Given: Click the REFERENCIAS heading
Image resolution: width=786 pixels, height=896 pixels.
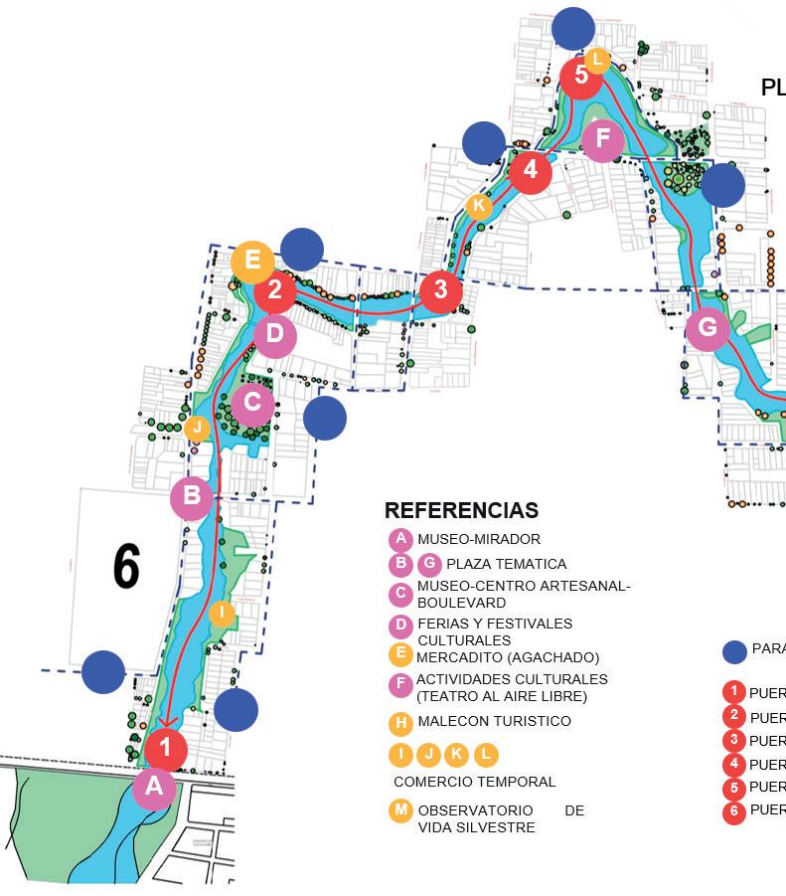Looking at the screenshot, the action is [461, 510].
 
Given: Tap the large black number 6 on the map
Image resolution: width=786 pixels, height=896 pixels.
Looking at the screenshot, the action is [126, 567].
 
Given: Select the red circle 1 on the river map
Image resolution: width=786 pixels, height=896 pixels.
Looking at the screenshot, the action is [166, 748].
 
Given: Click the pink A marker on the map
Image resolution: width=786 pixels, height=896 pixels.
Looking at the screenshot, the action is [154, 788].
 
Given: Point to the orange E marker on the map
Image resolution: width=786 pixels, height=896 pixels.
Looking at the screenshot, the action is [252, 261].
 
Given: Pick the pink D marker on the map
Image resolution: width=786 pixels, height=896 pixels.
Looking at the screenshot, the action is [275, 334].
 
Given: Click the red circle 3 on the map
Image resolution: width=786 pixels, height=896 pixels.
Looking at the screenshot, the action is [440, 291].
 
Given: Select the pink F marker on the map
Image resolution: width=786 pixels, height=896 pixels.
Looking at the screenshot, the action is [602, 140].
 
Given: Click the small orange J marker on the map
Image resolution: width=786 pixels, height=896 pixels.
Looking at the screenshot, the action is [197, 430].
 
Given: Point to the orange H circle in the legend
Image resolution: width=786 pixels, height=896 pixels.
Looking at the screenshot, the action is [400, 722].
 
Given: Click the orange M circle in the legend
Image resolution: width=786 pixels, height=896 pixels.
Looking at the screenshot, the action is [400, 810].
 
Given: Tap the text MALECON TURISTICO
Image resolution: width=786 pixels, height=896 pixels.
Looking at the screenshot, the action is [494, 721].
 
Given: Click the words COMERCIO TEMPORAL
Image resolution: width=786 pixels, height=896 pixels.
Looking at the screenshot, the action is [475, 782].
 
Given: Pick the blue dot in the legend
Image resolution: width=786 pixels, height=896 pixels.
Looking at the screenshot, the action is [733, 651].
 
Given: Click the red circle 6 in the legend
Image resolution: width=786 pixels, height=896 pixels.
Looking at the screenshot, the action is [733, 811].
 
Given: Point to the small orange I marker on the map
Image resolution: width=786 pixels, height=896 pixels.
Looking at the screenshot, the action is [222, 614].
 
